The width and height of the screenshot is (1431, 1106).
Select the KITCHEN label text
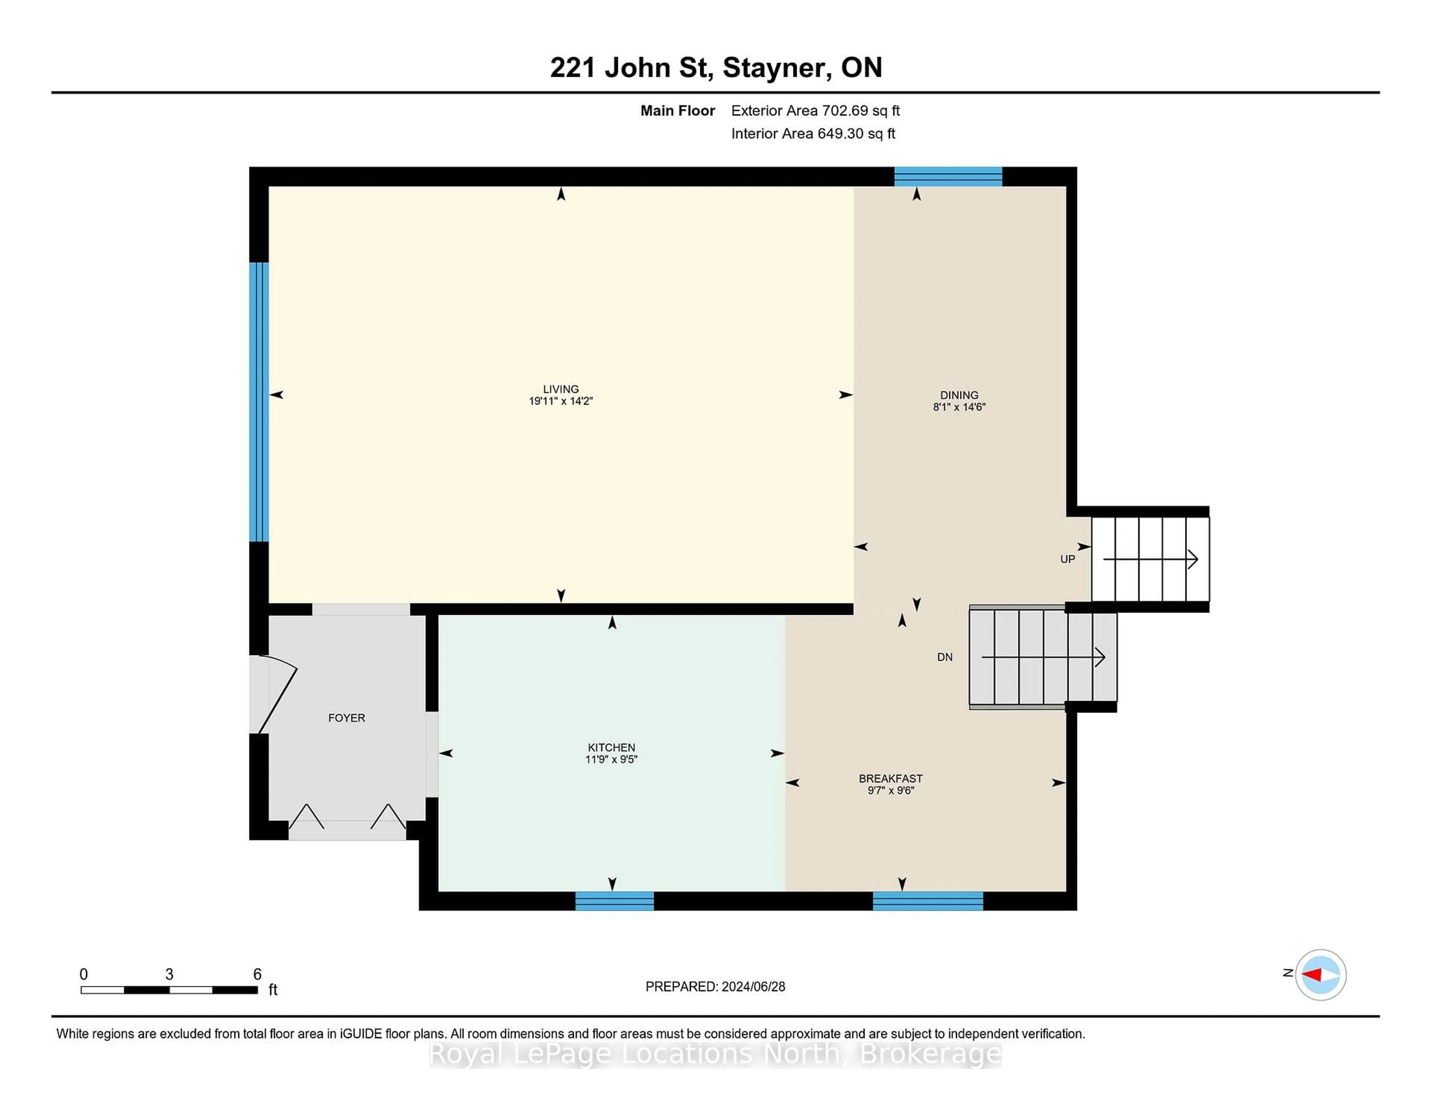[611, 748]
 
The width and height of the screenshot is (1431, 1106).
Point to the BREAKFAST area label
[890, 778]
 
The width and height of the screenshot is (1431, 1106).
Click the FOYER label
[347, 718]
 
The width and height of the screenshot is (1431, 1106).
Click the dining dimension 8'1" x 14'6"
[959, 407]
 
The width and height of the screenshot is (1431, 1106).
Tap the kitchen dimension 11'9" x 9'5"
[611, 759]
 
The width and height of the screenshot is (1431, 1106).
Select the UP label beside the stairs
[1067, 559]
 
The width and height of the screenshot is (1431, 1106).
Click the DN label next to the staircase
[944, 657]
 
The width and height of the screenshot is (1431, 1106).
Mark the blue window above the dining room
[948, 177]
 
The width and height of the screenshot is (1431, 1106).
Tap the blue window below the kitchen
[615, 901]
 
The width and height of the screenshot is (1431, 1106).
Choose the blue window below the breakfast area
[928, 901]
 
